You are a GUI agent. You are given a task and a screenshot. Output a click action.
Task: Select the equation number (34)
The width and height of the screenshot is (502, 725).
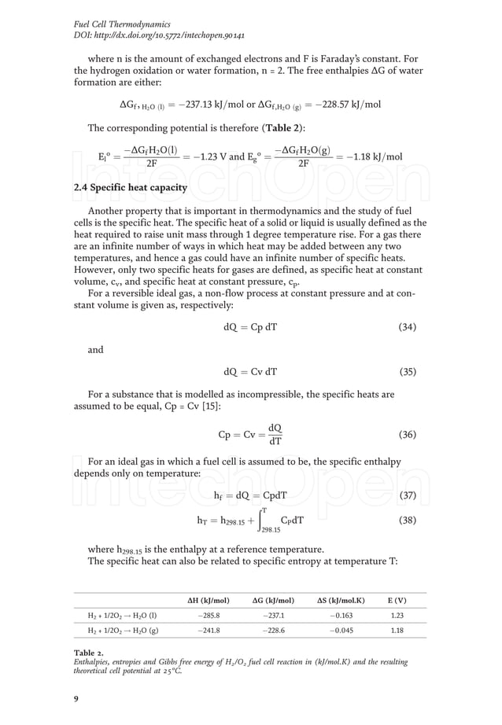[x=407, y=327]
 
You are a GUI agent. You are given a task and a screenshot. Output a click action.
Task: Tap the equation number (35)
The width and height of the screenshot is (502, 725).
[x=407, y=372]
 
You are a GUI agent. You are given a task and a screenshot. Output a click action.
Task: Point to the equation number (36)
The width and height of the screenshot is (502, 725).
[x=407, y=435]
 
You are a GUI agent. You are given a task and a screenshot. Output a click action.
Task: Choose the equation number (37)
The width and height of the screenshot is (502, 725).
[x=407, y=495]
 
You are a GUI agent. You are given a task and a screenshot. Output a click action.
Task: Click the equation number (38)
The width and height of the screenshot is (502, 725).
[x=407, y=520]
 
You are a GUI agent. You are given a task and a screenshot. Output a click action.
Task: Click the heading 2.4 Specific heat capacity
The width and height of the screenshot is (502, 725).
[x=130, y=187]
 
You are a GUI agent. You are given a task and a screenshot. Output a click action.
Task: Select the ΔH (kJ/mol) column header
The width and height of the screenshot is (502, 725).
[x=209, y=601]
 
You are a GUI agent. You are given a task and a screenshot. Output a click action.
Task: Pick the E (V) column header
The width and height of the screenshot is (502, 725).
[x=397, y=601]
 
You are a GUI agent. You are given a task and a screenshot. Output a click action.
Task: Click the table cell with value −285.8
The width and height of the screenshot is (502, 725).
[x=209, y=616]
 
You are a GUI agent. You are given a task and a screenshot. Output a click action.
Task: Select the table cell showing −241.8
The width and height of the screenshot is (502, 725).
[x=209, y=631]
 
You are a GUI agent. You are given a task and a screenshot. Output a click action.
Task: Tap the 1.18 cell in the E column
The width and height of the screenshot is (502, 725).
[x=397, y=631]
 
